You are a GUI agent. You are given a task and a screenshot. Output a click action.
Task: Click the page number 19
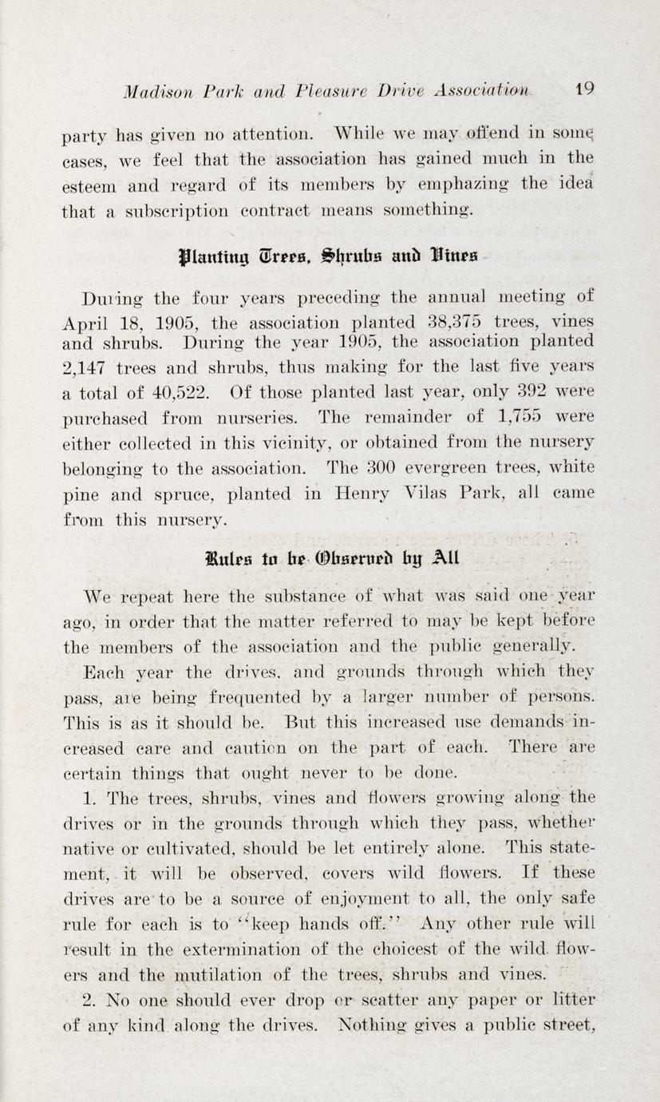pos(583,89)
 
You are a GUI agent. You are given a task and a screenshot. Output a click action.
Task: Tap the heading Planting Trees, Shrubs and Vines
pos(329,257)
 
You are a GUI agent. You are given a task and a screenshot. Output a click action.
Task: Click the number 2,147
pos(88,369)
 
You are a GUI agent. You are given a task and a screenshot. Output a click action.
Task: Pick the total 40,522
pos(181,392)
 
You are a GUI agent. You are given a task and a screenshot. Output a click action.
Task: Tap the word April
pos(86,324)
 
